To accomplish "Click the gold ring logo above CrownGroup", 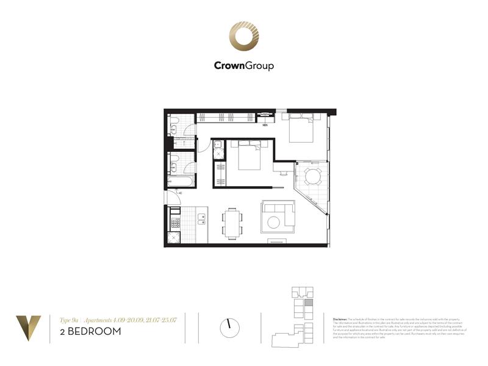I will point(243,38).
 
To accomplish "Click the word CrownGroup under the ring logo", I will point(243,66).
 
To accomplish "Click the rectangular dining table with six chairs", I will point(232,223).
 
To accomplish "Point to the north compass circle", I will point(229,328).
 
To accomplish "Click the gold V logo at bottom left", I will point(29,326).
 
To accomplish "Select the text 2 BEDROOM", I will point(90,332).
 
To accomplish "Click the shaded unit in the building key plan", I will point(309,302).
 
